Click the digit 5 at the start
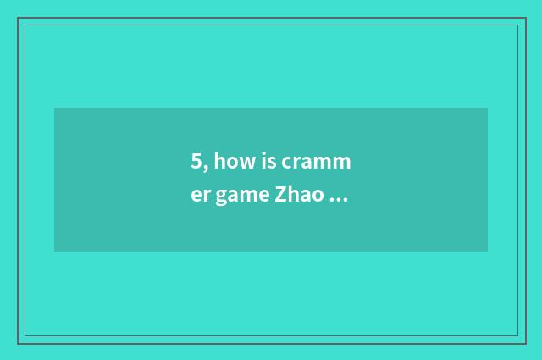pyautogui.click(x=196, y=162)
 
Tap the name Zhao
pyautogui.click(x=297, y=196)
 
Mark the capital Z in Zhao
pyautogui.click(x=280, y=196)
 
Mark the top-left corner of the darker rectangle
pyautogui.click(x=55, y=108)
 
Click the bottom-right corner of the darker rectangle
pyautogui.click(x=487, y=251)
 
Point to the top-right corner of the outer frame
pyautogui.click(x=525, y=18)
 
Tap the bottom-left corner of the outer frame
pyautogui.click(x=18, y=343)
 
